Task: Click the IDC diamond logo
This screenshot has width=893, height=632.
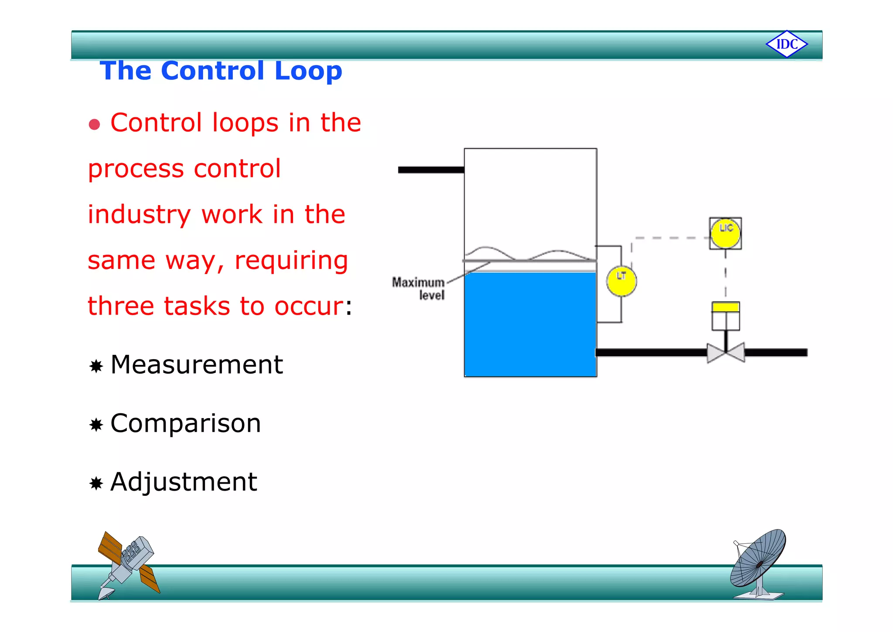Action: coord(787,44)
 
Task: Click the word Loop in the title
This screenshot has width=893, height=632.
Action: coord(308,71)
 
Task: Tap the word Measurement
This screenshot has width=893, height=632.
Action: coord(197,365)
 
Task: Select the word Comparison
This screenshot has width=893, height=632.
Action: coord(186,423)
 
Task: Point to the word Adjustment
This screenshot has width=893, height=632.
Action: coord(184,482)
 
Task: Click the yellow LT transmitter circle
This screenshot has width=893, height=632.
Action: coord(621,281)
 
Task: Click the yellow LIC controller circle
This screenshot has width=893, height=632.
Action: coord(726,234)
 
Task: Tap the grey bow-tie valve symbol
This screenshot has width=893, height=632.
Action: coord(726,353)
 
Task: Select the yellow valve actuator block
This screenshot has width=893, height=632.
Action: coord(726,307)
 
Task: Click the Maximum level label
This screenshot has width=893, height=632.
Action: coord(419,289)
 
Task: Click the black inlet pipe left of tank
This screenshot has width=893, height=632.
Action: coord(431,170)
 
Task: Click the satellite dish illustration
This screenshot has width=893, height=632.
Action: coord(759,563)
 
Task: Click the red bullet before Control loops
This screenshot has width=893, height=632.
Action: coord(94,124)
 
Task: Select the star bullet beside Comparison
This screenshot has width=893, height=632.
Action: coord(96,425)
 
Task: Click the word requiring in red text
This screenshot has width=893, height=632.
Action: coord(291,261)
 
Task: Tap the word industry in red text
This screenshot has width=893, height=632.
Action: coord(139,215)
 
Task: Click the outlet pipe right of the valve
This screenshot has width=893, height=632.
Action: coord(776,353)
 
